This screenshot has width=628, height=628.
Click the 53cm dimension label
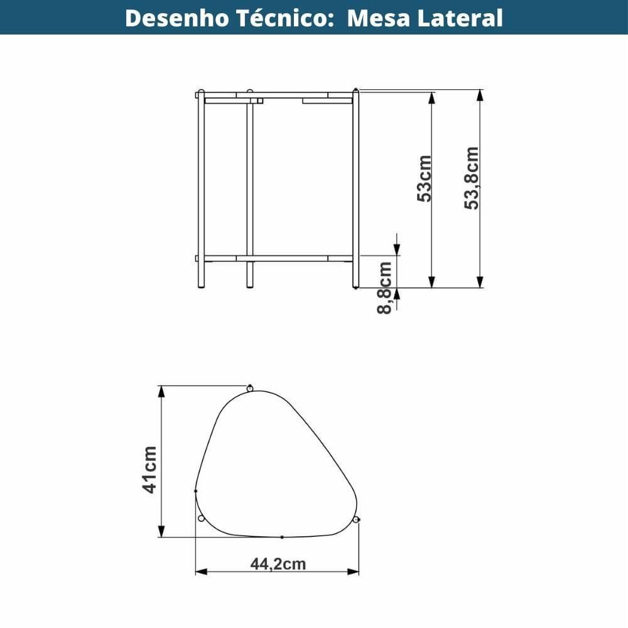point(425,178)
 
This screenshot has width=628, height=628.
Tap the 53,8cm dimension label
point(472,178)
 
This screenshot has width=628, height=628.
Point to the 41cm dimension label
point(150,470)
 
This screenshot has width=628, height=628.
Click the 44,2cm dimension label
point(278,564)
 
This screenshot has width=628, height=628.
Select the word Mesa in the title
point(374,18)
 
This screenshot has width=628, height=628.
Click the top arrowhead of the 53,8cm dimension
point(480,95)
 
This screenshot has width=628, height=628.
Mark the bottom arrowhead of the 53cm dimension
point(432,282)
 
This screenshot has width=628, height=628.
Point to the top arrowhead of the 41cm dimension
point(161,391)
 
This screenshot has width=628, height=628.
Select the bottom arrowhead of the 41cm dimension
point(161,531)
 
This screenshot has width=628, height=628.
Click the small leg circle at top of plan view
point(249,388)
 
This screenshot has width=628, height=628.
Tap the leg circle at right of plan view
point(355,519)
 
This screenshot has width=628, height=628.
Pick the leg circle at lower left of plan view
point(201,518)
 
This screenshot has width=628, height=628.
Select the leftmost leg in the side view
point(201,188)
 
